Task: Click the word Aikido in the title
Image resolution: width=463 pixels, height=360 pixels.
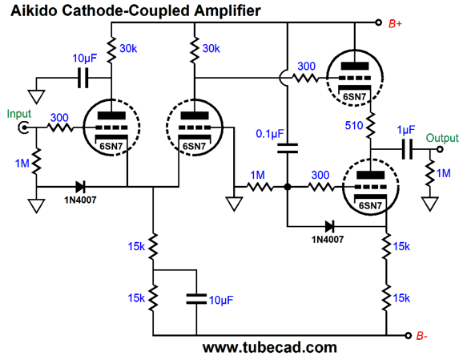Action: click(x=34, y=11)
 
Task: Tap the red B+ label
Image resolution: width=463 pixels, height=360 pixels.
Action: click(x=395, y=23)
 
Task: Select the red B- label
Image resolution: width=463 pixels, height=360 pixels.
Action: click(x=422, y=336)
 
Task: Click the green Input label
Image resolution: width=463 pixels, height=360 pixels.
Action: click(x=19, y=114)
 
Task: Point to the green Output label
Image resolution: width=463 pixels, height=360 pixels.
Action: click(x=442, y=138)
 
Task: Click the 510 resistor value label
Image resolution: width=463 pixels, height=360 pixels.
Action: click(x=354, y=126)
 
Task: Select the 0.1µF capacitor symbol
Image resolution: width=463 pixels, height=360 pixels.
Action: click(x=288, y=148)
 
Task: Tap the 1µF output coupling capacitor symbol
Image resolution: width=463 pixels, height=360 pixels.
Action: click(x=408, y=149)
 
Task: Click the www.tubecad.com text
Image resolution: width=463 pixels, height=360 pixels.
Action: click(x=270, y=348)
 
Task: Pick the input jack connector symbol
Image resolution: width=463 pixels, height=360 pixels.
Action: click(x=22, y=127)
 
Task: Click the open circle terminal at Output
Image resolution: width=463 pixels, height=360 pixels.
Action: click(x=440, y=149)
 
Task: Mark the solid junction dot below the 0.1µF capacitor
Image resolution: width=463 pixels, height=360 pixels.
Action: click(x=288, y=187)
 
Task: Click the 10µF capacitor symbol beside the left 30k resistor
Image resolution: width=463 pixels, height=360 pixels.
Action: click(x=83, y=78)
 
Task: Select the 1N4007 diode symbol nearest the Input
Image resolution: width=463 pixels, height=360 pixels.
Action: click(x=80, y=187)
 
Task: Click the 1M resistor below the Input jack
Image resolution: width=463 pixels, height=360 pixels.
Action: click(x=37, y=161)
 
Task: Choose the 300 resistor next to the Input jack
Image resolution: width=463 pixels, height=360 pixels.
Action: click(x=59, y=127)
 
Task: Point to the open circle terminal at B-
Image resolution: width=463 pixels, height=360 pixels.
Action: click(x=408, y=336)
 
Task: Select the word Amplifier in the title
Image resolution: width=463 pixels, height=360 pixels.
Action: click(x=227, y=11)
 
